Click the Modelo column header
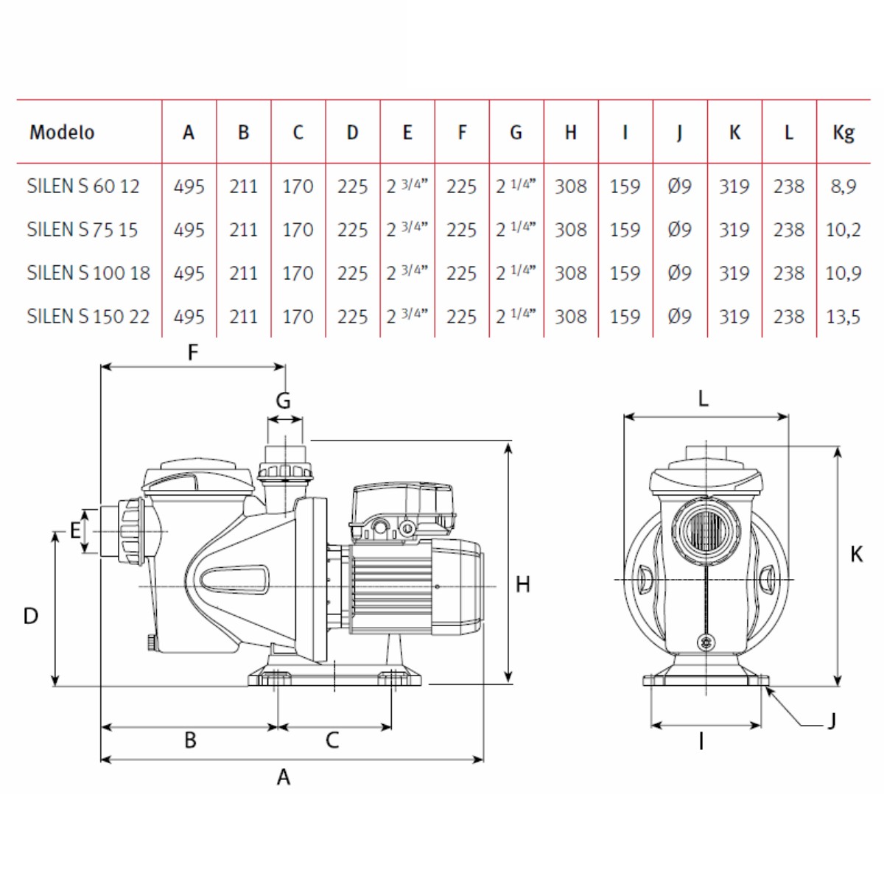(62, 132)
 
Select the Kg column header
(843, 133)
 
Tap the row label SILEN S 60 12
(83, 186)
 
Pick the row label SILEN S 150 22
(88, 316)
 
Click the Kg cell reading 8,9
(843, 186)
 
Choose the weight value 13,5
(843, 317)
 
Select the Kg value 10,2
(843, 229)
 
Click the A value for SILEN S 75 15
(189, 229)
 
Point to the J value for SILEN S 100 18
(679, 273)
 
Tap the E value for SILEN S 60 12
(407, 186)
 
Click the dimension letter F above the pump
(193, 352)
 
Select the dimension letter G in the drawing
(283, 401)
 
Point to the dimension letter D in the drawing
(31, 616)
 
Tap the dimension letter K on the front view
(856, 554)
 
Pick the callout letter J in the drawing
(832, 721)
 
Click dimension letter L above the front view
(704, 399)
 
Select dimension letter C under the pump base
(332, 740)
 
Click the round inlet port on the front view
(706, 531)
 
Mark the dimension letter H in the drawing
(522, 584)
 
